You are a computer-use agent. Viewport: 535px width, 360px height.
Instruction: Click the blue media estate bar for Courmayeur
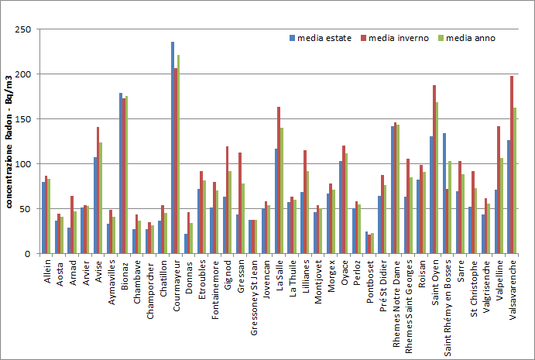coord(173,148)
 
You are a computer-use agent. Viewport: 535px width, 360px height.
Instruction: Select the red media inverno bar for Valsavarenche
coord(512,165)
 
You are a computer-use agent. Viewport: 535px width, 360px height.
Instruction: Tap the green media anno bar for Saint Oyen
coord(437,178)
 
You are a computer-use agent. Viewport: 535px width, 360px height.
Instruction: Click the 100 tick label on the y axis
coord(25,164)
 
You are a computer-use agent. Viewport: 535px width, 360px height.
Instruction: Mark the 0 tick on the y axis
coord(30,254)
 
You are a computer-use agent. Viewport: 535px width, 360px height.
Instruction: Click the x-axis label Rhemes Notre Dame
coord(396,296)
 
